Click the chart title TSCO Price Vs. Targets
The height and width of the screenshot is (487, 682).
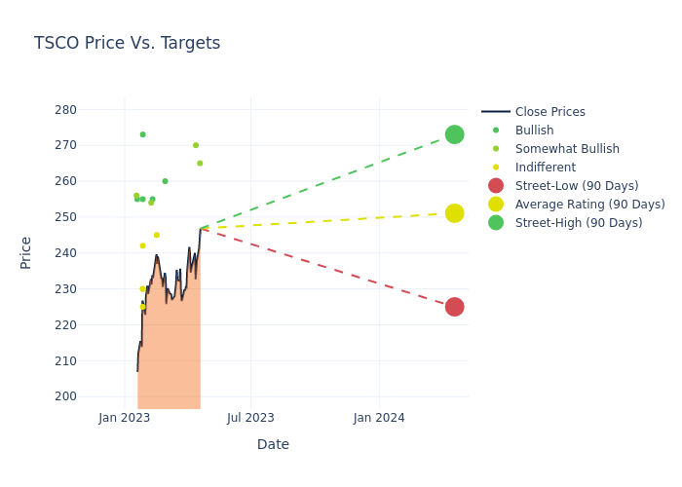(x=127, y=43)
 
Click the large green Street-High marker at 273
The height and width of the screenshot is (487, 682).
(x=454, y=134)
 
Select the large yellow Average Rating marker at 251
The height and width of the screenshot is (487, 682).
(x=454, y=213)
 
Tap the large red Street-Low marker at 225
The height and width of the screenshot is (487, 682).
(x=454, y=307)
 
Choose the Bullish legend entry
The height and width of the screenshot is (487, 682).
(x=534, y=131)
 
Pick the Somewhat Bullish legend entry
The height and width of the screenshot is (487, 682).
(x=567, y=149)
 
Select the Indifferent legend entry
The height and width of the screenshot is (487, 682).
(x=545, y=168)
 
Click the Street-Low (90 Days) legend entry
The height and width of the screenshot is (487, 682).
(x=577, y=186)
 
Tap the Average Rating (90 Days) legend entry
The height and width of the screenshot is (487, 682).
(x=589, y=205)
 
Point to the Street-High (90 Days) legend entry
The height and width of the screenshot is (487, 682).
(x=579, y=223)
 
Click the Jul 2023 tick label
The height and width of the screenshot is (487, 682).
(x=250, y=418)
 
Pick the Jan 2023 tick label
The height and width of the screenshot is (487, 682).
(x=125, y=418)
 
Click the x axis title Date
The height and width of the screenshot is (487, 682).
(x=273, y=444)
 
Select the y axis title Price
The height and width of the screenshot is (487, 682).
(x=26, y=252)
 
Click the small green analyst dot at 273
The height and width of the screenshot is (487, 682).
(x=142, y=134)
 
